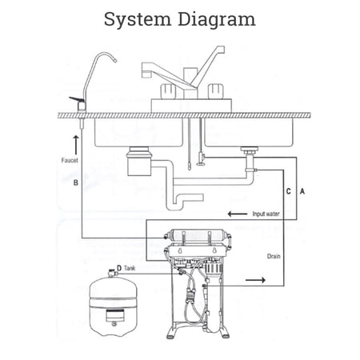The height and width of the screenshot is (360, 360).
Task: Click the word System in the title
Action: pyautogui.click(x=138, y=20)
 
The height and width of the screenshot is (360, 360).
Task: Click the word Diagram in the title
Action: pyautogui.click(x=217, y=20)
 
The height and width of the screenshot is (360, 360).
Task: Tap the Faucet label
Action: pyautogui.click(x=70, y=160)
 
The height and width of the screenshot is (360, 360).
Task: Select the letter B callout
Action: pyautogui.click(x=76, y=182)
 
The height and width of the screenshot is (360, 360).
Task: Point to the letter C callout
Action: pyautogui.click(x=288, y=191)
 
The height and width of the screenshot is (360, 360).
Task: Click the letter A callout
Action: pyautogui.click(x=302, y=191)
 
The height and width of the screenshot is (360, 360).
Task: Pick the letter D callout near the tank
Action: pyautogui.click(x=119, y=268)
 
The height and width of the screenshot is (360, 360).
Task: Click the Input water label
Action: pyautogui.click(x=266, y=214)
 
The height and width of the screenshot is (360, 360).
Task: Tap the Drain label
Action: pyautogui.click(x=274, y=256)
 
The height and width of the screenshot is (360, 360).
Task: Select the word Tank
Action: pyautogui.click(x=130, y=268)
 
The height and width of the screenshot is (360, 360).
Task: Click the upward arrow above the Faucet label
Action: pyautogui.click(x=76, y=145)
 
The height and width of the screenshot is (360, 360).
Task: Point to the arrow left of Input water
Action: pyautogui.click(x=238, y=214)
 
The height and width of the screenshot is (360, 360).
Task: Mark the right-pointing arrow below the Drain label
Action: pyautogui.click(x=255, y=280)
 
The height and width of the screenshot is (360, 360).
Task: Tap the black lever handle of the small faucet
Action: pyautogui.click(x=77, y=100)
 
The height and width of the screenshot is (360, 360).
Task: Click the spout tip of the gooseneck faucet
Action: pyautogui.click(x=115, y=61)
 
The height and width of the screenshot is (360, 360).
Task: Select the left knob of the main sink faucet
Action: pyautogui.click(x=169, y=91)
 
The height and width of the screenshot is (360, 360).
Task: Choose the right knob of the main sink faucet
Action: pyautogui.click(x=216, y=91)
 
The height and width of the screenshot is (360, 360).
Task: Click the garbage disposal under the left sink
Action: pyautogui.click(x=140, y=162)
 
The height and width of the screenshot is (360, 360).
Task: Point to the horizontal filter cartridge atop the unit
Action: pyautogui.click(x=198, y=236)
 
